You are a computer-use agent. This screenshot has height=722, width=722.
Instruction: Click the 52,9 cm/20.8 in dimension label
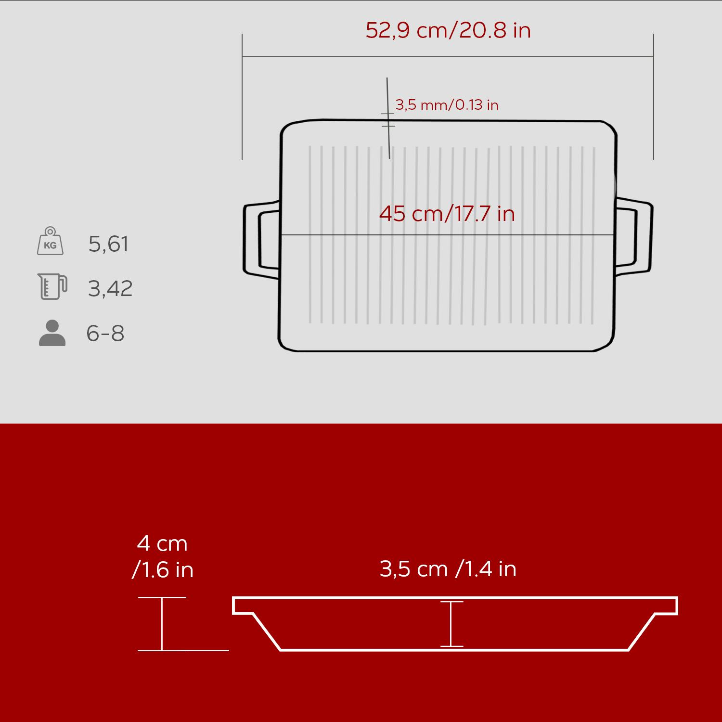tap(448, 30)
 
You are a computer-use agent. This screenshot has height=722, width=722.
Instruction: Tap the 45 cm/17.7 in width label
tap(447, 213)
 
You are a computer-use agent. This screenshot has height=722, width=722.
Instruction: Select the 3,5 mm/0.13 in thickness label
tap(447, 104)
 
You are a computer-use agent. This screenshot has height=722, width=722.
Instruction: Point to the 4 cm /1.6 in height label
tap(163, 557)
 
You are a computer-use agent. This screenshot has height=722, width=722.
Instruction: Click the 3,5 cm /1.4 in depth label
tap(448, 569)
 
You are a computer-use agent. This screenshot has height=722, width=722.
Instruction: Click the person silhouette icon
tap(52, 333)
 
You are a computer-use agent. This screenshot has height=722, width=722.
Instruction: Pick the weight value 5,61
tap(108, 244)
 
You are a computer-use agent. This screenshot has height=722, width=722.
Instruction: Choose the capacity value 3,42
tap(110, 289)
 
